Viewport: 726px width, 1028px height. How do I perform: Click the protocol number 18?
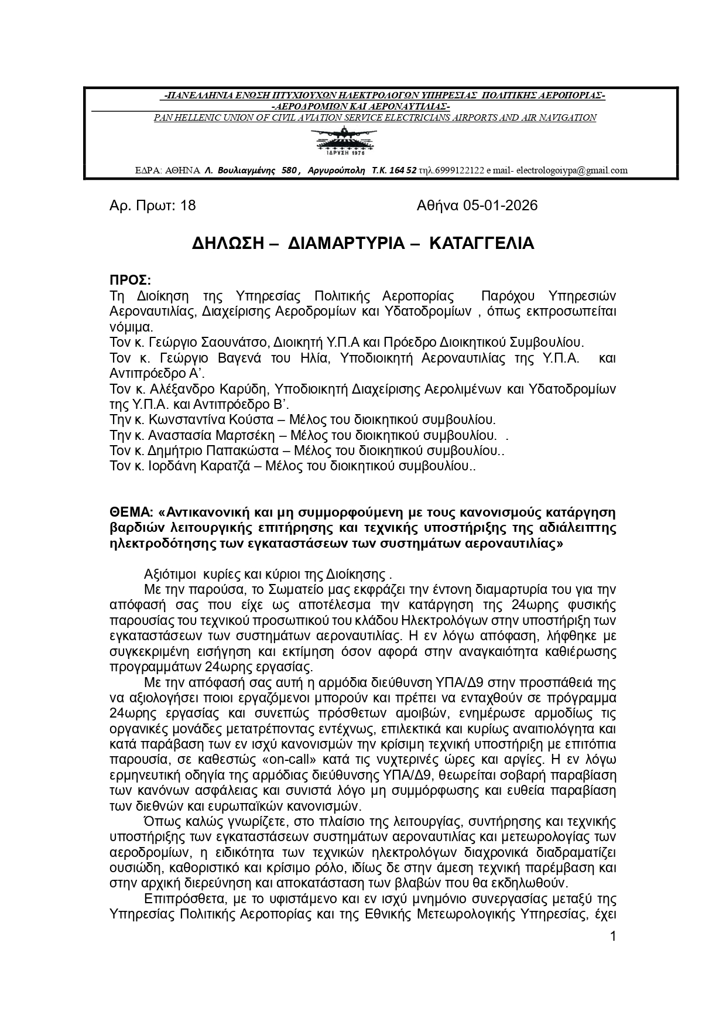189,206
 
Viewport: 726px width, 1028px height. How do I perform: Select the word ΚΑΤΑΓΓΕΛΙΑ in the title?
481,244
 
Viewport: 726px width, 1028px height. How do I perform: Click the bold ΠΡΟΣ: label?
130,280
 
